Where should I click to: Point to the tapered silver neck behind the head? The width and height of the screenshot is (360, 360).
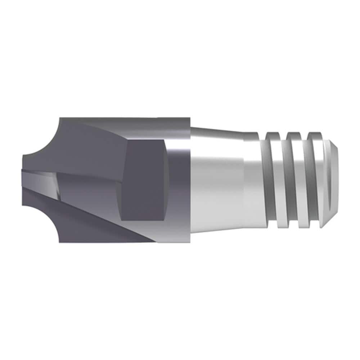coord(216,180)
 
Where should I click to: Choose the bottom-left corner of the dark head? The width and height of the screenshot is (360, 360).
coord(60,242)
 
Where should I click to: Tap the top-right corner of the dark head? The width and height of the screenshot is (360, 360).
coord(189,118)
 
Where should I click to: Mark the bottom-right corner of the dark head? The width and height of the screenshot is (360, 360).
coord(189,242)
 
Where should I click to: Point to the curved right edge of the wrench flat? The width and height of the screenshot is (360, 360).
coord(167,180)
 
